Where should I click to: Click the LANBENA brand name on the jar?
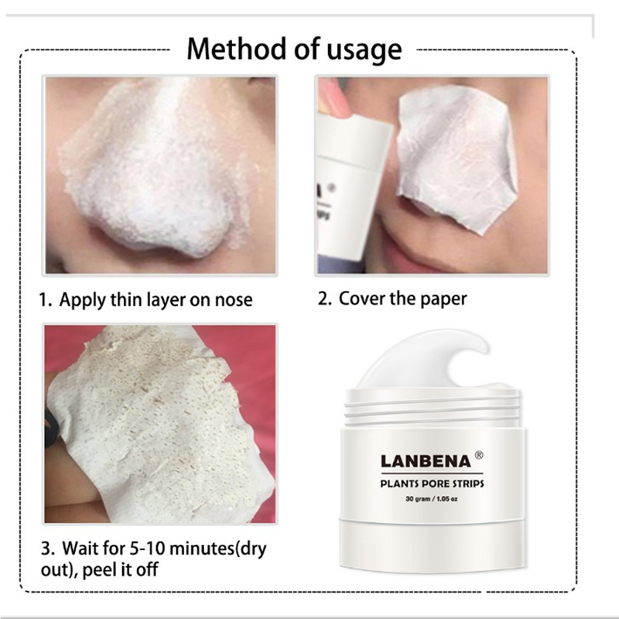point(426,461)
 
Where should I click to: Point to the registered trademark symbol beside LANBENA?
point(478,455)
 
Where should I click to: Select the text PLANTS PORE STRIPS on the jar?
point(432,484)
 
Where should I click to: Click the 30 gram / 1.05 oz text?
point(432,499)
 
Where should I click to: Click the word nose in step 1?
point(234,301)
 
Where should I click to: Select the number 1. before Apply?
point(46,300)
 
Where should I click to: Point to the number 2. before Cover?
point(325,299)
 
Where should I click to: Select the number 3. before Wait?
point(48,549)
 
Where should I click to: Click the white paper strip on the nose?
point(456,161)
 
